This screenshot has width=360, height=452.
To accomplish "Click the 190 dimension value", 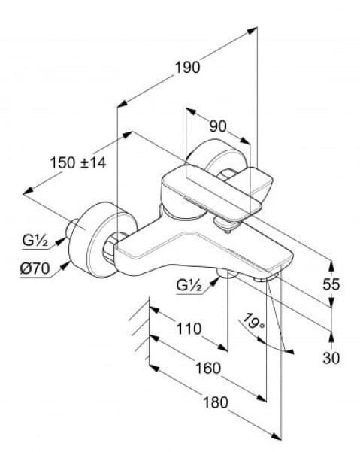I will click(188, 67).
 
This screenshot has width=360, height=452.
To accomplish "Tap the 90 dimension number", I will click(217, 126).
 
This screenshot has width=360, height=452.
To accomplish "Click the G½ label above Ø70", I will click(35, 241).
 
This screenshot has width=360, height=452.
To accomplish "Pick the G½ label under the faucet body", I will click(191, 285).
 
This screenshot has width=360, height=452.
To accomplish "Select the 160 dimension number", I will click(207, 368).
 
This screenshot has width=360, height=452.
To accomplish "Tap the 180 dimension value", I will click(215, 402).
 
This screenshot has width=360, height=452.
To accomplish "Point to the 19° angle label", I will click(254, 324).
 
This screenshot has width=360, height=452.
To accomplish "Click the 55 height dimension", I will click(331, 284).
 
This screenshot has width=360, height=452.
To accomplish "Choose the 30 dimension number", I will click(331, 358).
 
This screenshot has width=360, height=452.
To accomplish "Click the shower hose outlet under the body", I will click(225, 274).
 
